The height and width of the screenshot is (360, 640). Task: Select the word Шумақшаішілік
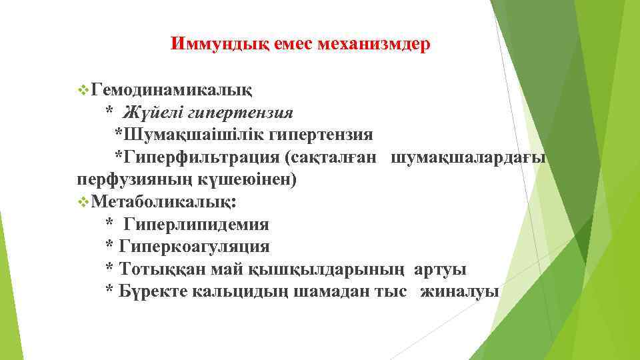[191, 134]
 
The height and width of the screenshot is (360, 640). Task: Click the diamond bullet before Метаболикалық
[83, 201]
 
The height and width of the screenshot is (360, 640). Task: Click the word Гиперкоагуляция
[194, 247]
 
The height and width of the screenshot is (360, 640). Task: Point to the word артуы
[440, 269]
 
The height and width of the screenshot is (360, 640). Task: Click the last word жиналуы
[459, 292]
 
